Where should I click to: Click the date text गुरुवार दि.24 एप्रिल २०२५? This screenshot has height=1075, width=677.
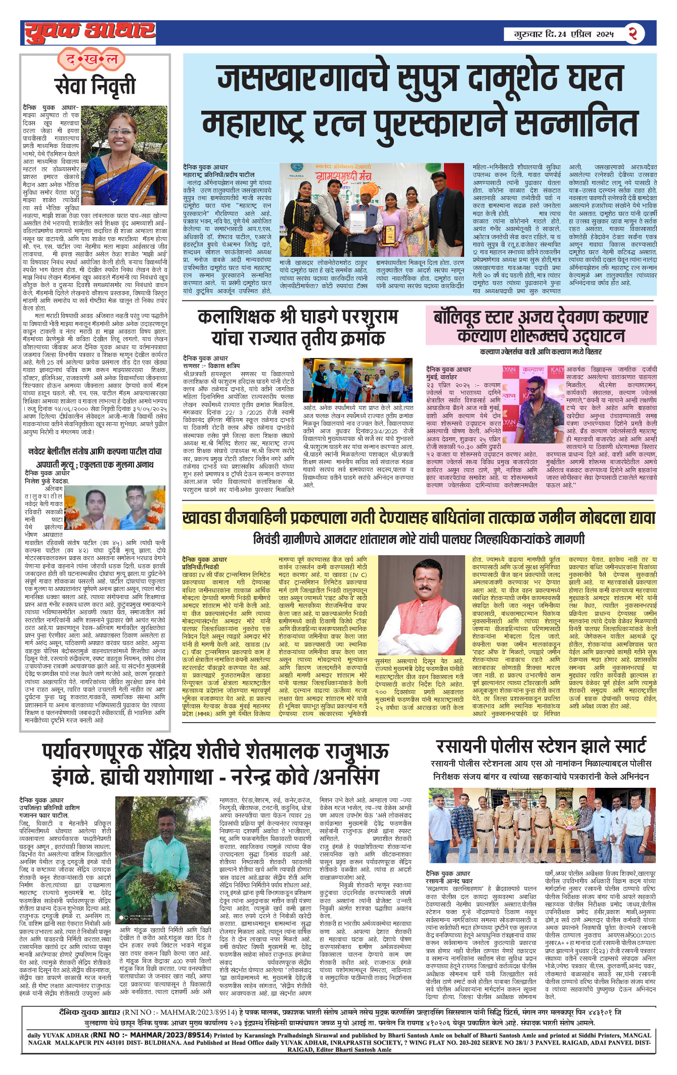pyautogui.click(x=564, y=34)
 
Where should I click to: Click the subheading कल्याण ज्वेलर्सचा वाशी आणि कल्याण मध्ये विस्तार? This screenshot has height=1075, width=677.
pyautogui.click(x=540, y=351)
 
